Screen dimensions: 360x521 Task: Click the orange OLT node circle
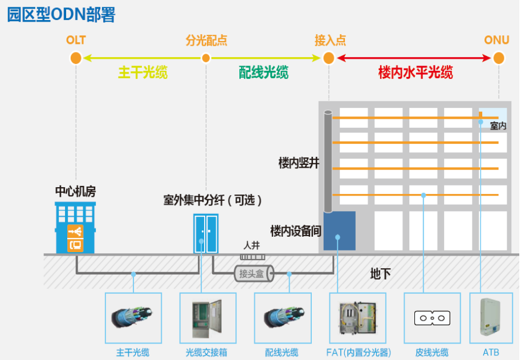click(76, 58)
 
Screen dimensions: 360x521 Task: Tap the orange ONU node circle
click(499, 58)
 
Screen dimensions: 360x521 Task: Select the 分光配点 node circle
click(206, 58)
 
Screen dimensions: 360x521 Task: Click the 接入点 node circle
click(328, 58)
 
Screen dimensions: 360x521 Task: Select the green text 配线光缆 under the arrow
click(263, 72)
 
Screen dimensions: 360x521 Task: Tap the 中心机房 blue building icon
click(75, 228)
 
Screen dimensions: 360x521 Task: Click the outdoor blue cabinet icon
click(205, 233)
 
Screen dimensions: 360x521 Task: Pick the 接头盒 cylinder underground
click(253, 274)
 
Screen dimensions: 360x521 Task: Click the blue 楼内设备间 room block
click(339, 230)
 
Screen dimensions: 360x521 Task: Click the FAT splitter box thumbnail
click(357, 318)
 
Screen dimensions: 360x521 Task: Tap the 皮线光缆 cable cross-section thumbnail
click(432, 318)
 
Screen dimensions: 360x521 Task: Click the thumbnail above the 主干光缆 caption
click(133, 318)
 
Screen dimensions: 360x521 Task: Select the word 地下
click(380, 274)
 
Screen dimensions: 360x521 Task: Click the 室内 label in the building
click(498, 126)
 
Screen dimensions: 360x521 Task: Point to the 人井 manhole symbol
click(251, 257)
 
